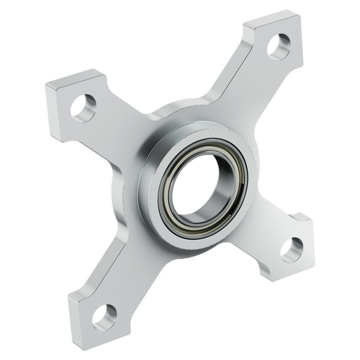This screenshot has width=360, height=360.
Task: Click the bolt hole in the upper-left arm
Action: click(84, 107)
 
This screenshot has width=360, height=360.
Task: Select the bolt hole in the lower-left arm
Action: click(104, 314)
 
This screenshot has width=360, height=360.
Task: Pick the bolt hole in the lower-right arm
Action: click(292, 249)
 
